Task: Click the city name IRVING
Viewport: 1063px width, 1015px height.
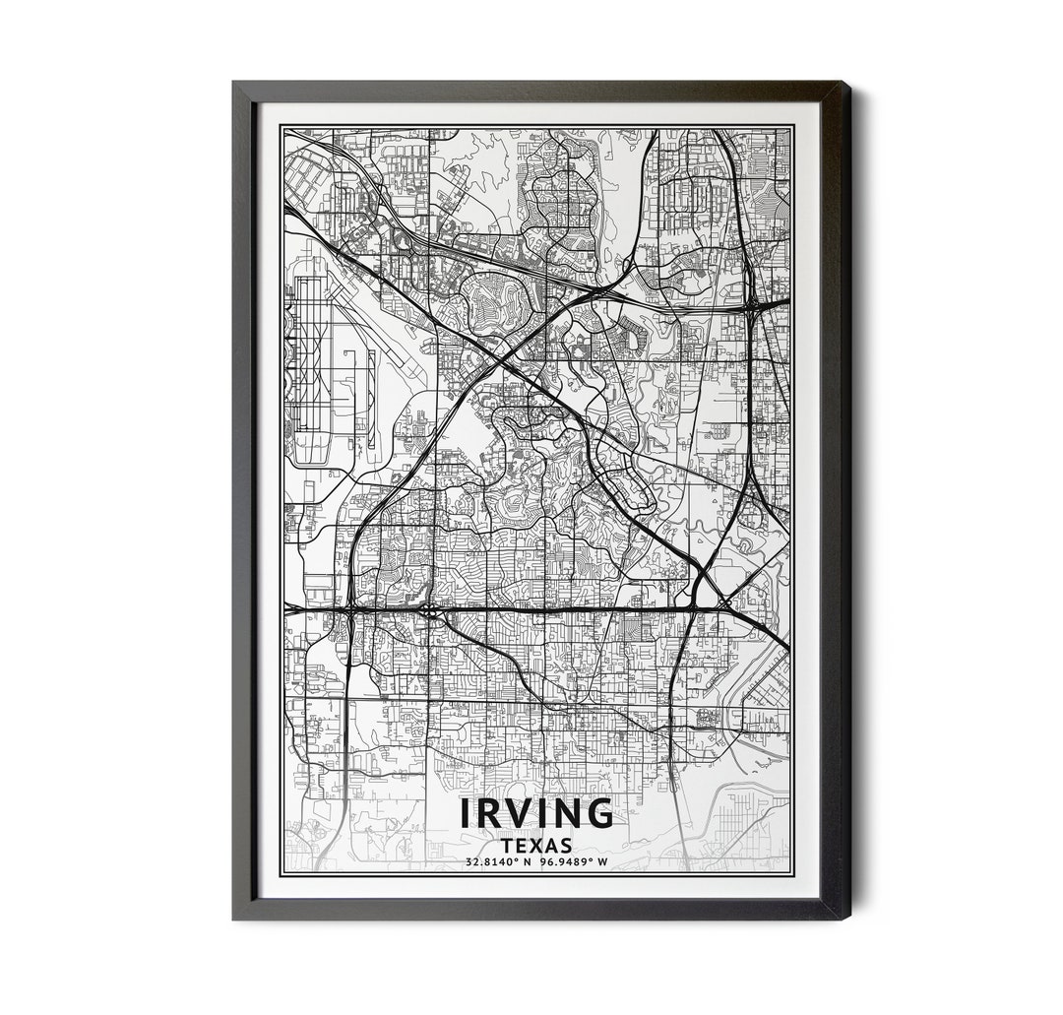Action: [536, 814]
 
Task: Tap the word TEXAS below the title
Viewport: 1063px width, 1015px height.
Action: [536, 845]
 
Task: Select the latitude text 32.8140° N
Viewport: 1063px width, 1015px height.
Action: [500, 863]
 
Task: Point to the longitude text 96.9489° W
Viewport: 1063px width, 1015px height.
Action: [574, 863]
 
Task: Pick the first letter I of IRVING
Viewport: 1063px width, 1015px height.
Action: [466, 814]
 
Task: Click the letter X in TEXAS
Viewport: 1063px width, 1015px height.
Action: [537, 845]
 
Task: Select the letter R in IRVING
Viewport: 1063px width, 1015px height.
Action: [489, 814]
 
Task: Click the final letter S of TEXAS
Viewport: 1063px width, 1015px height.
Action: [567, 845]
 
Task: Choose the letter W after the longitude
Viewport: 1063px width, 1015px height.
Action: [603, 863]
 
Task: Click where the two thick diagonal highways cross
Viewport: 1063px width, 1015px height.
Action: [505, 351]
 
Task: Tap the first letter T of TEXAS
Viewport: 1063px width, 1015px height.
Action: [506, 845]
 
